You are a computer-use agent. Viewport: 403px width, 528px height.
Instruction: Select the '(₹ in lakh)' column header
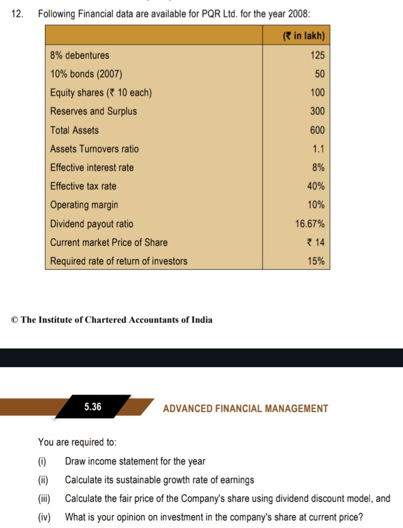click(304, 36)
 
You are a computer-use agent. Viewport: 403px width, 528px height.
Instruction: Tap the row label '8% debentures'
click(80, 55)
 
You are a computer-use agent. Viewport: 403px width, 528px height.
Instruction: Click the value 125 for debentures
click(317, 55)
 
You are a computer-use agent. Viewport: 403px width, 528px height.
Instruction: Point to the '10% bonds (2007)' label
click(86, 74)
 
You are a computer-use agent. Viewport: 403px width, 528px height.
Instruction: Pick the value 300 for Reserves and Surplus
click(317, 111)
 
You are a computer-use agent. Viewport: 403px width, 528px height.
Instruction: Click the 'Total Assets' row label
click(74, 130)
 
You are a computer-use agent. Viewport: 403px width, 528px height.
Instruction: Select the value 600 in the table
click(317, 130)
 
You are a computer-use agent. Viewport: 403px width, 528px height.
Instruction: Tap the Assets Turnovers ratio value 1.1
click(318, 149)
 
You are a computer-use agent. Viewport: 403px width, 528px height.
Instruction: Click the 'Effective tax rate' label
click(84, 186)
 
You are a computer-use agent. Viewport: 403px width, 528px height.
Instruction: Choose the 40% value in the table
click(316, 186)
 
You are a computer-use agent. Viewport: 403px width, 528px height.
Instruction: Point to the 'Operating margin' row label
click(84, 205)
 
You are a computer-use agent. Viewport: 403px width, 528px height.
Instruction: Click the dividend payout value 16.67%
click(310, 224)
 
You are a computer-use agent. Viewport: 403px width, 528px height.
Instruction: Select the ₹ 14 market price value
click(316, 243)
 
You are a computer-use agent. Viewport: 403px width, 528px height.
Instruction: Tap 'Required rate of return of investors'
click(119, 261)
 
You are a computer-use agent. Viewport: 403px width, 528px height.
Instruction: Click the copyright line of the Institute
click(112, 320)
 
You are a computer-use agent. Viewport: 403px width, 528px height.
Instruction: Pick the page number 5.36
click(93, 407)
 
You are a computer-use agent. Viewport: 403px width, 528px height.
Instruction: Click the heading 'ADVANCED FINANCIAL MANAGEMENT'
click(245, 409)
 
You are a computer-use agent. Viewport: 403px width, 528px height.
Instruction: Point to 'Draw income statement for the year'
click(135, 461)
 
